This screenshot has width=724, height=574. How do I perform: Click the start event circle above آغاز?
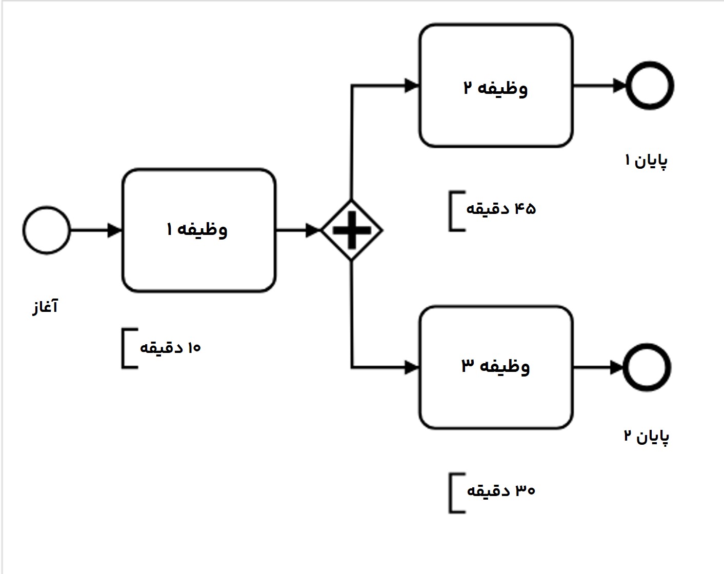[x=46, y=230]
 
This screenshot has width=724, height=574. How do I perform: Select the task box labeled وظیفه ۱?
[x=199, y=230]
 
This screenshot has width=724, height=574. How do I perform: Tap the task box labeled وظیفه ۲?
[x=496, y=86]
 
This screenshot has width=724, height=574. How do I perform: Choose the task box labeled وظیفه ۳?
[x=496, y=367]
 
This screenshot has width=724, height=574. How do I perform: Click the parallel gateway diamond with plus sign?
[x=351, y=230]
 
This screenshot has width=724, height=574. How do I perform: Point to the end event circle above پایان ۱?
[x=650, y=86]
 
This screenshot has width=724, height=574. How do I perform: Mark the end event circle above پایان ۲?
[x=647, y=367]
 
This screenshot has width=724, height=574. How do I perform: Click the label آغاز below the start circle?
[x=45, y=307]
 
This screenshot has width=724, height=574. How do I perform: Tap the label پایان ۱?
[x=646, y=161]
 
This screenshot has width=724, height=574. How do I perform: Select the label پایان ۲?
[x=646, y=437]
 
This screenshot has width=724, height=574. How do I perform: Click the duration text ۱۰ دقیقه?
[x=170, y=348]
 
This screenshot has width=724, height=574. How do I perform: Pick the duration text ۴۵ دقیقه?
[x=500, y=209]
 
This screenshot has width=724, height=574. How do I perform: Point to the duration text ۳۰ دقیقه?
[x=500, y=491]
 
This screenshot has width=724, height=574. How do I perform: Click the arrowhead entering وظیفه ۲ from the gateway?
[x=412, y=86]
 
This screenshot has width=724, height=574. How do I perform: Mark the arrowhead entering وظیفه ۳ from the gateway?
[x=412, y=367]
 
